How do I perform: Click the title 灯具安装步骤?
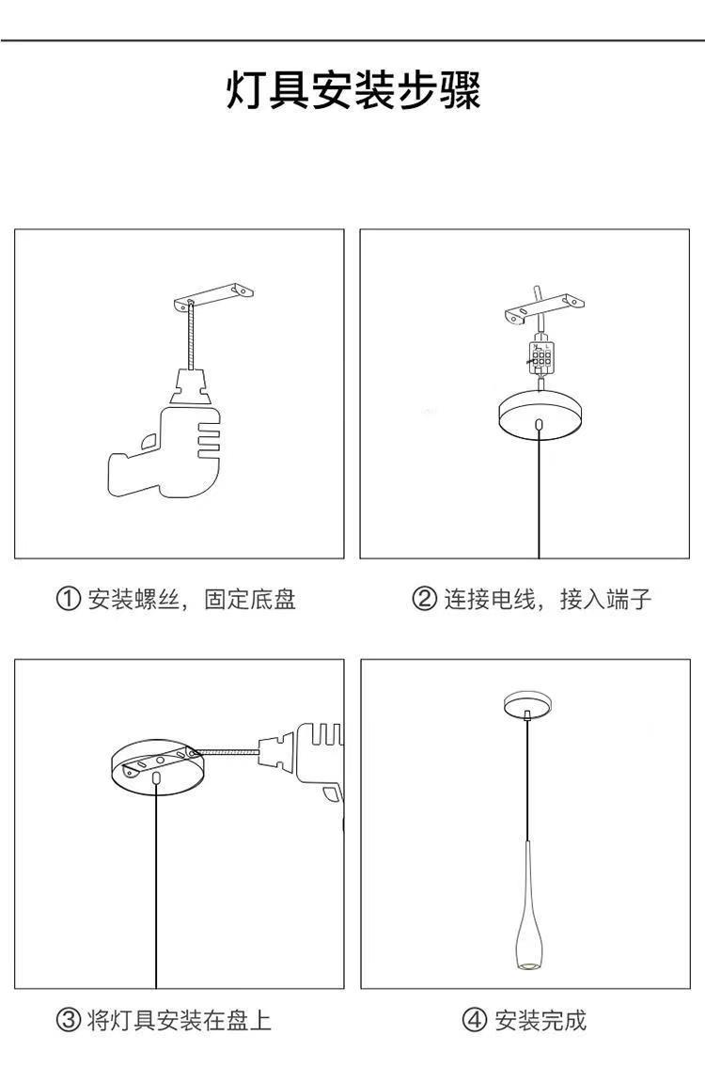point(352,91)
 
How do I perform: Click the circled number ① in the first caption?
point(68,599)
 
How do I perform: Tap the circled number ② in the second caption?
point(425,599)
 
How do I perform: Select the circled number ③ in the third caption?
point(68,1020)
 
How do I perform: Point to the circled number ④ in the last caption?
point(475,1020)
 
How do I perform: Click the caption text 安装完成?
point(540,1020)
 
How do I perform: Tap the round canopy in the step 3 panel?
point(155,766)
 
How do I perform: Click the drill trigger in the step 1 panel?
point(148,439)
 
